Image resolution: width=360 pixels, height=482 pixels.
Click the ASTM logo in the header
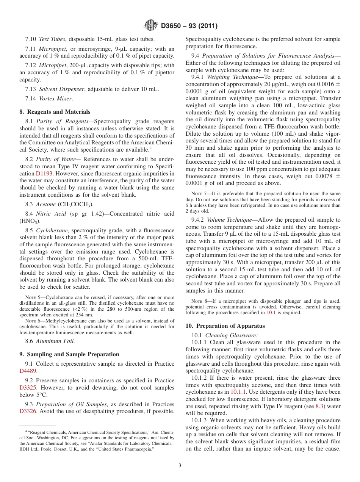(151, 26)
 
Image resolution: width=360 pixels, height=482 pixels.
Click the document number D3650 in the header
(173, 26)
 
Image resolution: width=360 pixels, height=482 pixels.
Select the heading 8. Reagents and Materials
(55, 112)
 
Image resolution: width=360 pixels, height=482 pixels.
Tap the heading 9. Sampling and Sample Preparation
(69, 354)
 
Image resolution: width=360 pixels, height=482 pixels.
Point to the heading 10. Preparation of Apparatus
(225, 326)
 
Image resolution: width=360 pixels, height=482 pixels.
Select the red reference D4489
(28, 371)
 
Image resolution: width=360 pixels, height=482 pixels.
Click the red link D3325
(28, 388)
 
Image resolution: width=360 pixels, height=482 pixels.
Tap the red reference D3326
(28, 411)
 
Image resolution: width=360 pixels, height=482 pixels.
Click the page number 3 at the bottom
(180, 466)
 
